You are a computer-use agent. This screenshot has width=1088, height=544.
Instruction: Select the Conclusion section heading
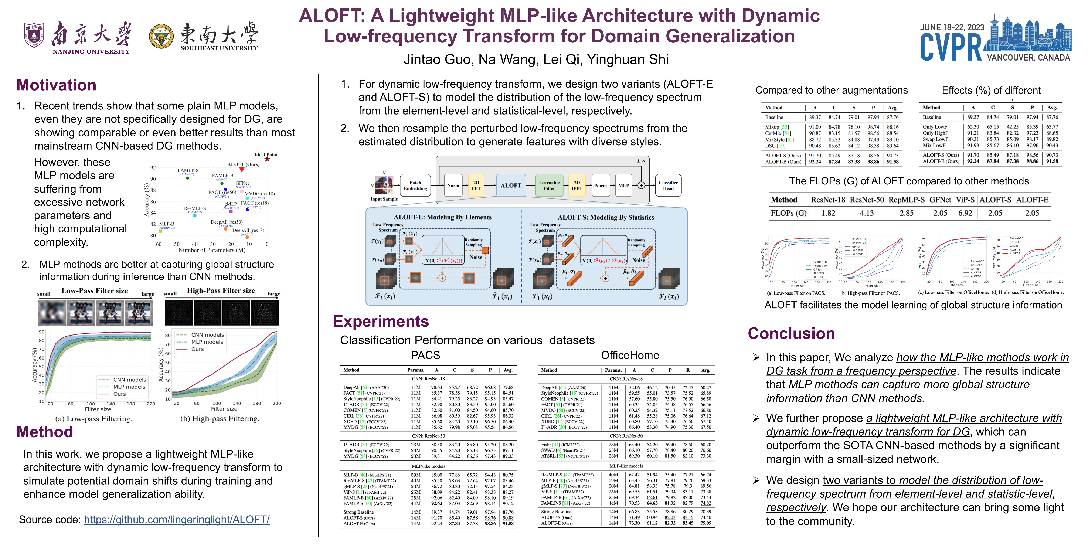pyautogui.click(x=791, y=333)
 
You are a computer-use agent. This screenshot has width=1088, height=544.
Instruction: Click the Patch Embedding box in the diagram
pyautogui.click(x=415, y=186)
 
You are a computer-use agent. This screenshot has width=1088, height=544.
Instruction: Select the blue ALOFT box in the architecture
pyautogui.click(x=511, y=186)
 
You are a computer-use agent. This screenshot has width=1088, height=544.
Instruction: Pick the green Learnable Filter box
pyautogui.click(x=549, y=186)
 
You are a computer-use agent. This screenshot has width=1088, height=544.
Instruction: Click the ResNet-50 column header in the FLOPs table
pyautogui.click(x=867, y=200)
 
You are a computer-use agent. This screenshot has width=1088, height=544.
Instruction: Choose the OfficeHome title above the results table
pyautogui.click(x=630, y=355)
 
